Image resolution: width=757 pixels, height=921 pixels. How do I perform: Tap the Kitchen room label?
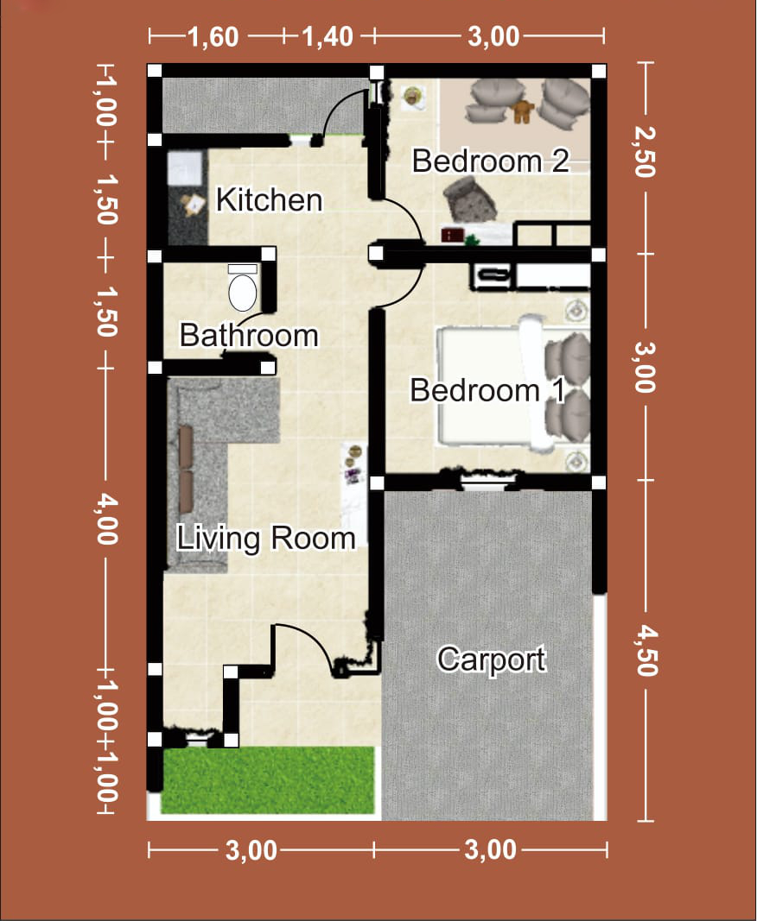[270, 199]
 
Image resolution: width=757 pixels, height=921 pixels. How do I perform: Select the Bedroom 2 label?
[491, 161]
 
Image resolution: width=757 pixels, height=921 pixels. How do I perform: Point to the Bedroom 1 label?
[487, 390]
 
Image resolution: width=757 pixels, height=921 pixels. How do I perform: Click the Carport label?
[491, 659]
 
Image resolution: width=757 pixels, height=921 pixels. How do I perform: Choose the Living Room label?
[266, 539]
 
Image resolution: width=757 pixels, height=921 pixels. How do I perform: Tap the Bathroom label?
[249, 336]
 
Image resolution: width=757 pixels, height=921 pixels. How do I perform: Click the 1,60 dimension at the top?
[213, 37]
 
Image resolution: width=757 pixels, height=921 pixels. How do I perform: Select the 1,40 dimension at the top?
[328, 37]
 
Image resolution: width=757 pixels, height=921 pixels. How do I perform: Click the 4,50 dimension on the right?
[646, 650]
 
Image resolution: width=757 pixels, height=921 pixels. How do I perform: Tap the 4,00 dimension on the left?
[108, 519]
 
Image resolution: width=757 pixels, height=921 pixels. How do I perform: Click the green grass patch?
[268, 780]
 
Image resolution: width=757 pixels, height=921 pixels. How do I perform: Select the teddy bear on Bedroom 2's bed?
[522, 111]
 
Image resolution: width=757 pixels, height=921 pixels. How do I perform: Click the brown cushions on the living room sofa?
[186, 468]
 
